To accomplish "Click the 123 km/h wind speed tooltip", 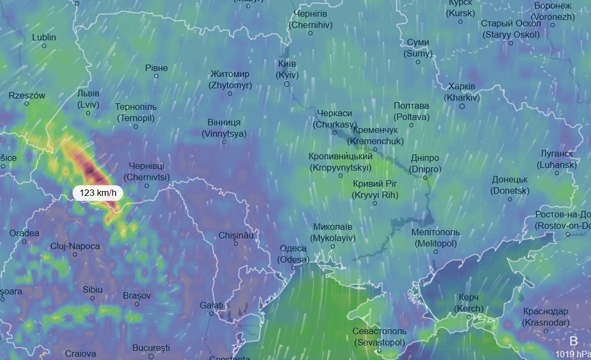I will [97, 193].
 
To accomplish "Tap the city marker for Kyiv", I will [287, 84].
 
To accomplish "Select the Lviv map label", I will [88, 100].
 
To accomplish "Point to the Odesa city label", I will [293, 254].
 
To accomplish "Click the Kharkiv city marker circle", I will [462, 107].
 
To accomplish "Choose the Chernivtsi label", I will [146, 172].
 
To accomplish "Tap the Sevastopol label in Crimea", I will [379, 336].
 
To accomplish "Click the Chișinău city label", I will [236, 236].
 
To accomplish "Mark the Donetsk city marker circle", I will [510, 199].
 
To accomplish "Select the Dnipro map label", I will [425, 164].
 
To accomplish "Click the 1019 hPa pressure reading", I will [572, 354].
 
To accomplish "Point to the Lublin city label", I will [44, 38].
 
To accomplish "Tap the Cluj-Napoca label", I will [75, 246].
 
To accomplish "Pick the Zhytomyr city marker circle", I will [230, 94].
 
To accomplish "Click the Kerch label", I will [469, 303].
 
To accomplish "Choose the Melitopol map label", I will [435, 238].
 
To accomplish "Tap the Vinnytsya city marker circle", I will [224, 142].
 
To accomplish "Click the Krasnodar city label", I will [545, 317].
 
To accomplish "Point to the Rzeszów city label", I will [27, 96].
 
